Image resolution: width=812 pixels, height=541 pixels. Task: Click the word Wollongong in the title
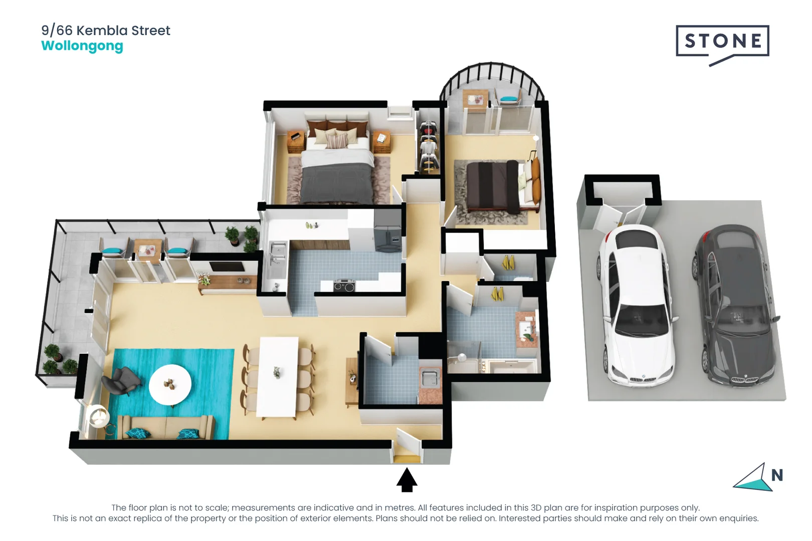[82, 47]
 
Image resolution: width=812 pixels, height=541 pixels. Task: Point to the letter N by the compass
[777, 475]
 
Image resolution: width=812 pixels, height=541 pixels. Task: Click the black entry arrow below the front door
[407, 479]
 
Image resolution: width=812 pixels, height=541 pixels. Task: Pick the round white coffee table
[170, 385]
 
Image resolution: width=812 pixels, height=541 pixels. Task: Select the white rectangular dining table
[277, 377]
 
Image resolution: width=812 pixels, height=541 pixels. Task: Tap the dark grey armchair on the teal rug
[121, 381]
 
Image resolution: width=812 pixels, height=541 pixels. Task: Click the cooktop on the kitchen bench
[344, 286]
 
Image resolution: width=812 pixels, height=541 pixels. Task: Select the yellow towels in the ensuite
[508, 262]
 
